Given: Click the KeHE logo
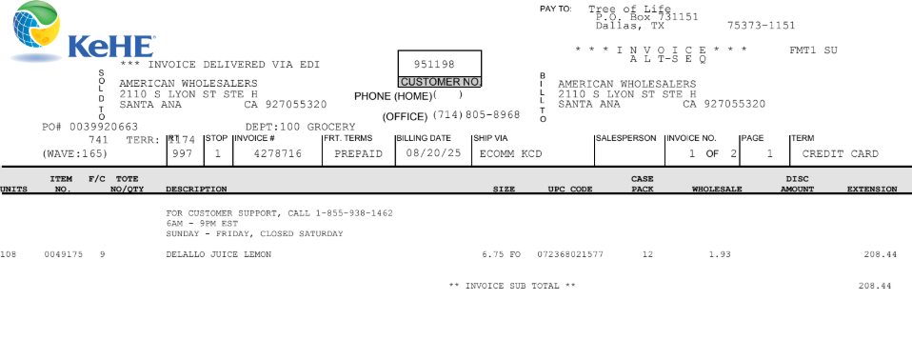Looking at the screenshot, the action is coord(83,31).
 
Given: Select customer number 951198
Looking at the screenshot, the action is coord(434,64).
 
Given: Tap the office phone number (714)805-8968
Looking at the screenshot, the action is coord(476,114).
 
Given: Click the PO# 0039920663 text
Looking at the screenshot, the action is coord(90,127).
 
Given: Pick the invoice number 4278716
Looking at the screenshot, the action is coord(277,154).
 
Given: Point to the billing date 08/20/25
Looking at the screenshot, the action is coord(433,153).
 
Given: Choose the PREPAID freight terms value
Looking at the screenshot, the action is coord(358,154).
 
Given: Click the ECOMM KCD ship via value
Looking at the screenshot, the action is coord(510,154).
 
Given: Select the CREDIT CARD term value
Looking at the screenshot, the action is coord(840,154).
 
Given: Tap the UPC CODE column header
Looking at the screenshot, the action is coord(570,189).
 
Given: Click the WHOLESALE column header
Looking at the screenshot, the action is coord(717,189).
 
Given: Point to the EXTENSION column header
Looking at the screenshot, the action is coord(872,189).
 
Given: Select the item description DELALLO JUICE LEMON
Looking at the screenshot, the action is coord(219,254).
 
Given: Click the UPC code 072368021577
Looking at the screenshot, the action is coord(570,254).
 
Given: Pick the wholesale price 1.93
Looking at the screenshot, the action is coord(720,254).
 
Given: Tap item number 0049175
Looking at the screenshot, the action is coord(64,254).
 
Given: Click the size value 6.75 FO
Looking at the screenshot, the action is coord(502,254).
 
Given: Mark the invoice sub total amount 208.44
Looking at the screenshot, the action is coord(875,286).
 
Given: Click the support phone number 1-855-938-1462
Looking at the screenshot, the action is coord(354,213).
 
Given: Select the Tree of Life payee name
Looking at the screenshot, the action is coord(629,10).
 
